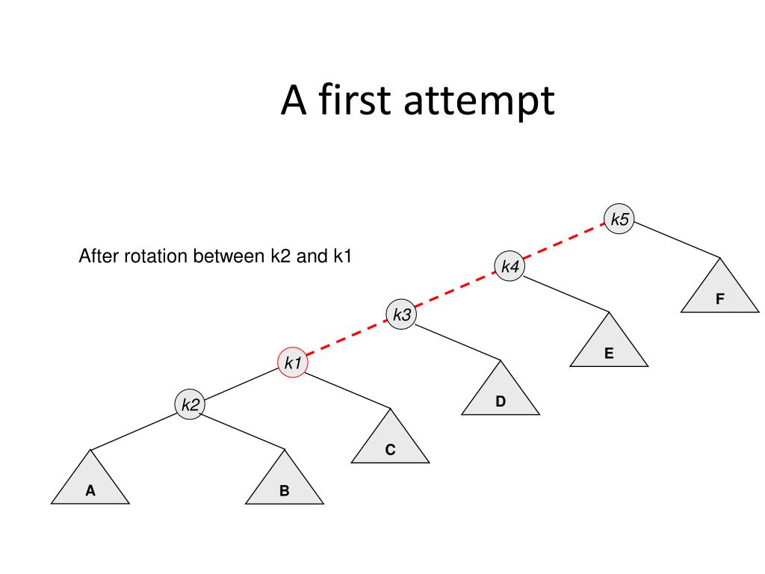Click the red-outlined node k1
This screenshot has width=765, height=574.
pos(292,363)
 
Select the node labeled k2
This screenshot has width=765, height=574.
pos(190,404)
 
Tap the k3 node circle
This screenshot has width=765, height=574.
pos(401,315)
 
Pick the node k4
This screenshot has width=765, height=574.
pos(510,266)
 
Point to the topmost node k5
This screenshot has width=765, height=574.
pos(619,219)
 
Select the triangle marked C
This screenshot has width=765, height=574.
pos(390,443)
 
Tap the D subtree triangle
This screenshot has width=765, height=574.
pos(501,395)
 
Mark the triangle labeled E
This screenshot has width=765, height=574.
pos(609,348)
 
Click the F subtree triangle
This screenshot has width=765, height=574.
pos(719,292)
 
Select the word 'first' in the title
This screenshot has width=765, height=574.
pos(355,100)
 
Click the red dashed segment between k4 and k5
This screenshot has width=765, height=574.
pos(564,243)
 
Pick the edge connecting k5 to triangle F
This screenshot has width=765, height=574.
pos(676,239)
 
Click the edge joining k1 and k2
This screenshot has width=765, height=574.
pos(241,384)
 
